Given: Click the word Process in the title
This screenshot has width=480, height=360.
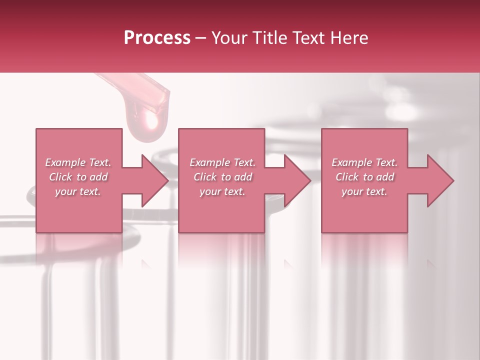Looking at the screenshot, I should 157,38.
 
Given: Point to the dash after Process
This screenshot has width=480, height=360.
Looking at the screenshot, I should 201,38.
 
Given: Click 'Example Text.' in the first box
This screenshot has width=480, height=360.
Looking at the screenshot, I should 78,162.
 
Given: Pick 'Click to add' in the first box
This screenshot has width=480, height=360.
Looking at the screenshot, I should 78,177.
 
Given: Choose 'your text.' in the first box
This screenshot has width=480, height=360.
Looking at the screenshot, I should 78,191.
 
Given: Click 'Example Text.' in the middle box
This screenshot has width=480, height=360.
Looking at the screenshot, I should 222,162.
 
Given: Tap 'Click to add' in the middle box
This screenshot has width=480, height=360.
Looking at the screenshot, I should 222,177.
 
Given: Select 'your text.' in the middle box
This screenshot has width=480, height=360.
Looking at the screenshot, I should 222,191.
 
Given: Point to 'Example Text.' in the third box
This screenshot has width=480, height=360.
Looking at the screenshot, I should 364,162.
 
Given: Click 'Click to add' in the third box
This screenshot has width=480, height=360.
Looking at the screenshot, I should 364,177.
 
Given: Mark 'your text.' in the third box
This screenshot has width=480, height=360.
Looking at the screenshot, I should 364,191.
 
